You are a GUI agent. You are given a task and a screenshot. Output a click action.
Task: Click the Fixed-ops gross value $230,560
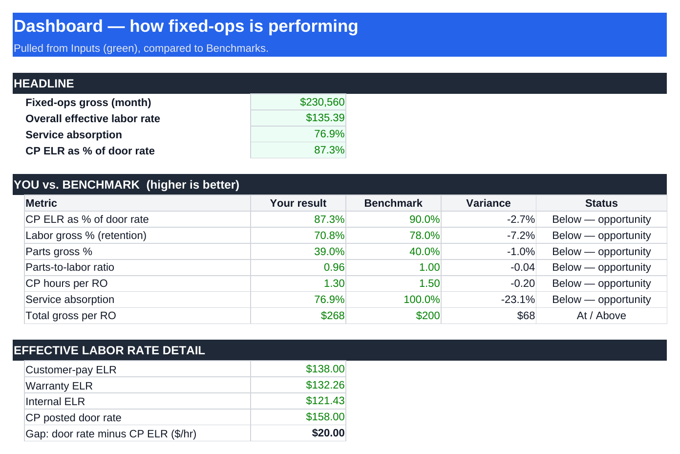(x=322, y=102)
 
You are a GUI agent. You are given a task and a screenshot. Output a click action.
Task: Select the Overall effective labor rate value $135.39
(x=325, y=118)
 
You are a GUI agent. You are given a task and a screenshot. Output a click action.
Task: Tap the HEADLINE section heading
(x=43, y=84)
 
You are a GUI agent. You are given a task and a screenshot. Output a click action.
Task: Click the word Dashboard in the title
(x=58, y=26)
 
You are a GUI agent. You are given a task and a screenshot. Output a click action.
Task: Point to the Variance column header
(x=488, y=203)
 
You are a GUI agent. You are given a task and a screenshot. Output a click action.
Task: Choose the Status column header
(x=601, y=203)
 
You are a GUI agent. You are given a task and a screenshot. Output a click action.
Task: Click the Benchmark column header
(x=393, y=203)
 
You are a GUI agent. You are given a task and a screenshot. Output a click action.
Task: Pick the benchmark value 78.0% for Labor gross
(x=425, y=236)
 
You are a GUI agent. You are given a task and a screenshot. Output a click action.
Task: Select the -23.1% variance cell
(x=518, y=300)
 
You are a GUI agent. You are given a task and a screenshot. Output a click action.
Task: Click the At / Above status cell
(x=601, y=316)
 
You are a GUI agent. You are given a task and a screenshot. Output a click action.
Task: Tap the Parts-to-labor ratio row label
(x=70, y=267)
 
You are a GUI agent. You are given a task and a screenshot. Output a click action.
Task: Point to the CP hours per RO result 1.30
(x=334, y=283)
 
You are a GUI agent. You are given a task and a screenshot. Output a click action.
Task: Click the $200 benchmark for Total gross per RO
(x=428, y=316)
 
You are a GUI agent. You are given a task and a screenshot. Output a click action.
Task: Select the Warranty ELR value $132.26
(x=325, y=385)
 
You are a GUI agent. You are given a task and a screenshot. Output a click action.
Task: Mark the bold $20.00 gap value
(x=328, y=433)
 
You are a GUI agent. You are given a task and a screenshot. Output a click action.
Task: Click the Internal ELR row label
(x=55, y=401)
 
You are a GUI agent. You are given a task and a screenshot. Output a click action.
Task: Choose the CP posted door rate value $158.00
(x=325, y=417)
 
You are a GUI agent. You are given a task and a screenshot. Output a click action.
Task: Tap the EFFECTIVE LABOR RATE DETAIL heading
(x=109, y=350)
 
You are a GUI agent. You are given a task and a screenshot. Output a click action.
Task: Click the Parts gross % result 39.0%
(x=329, y=252)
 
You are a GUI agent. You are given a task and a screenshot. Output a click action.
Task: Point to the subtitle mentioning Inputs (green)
(x=141, y=48)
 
